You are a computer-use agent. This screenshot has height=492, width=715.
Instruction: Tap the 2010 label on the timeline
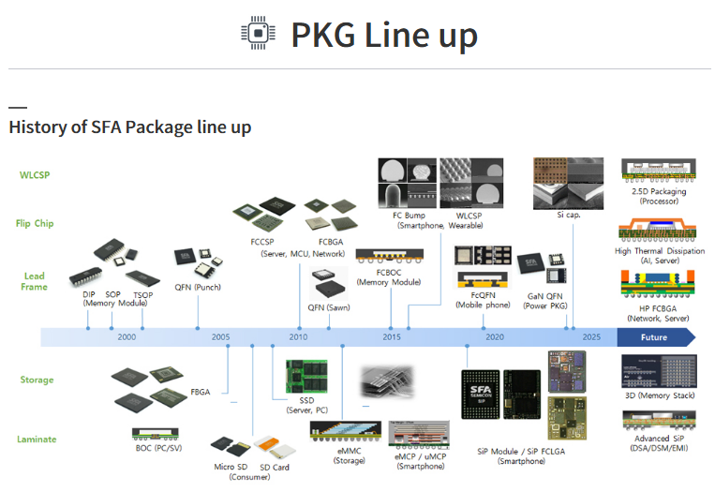[x=298, y=337]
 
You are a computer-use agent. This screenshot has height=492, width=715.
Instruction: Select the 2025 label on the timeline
[x=591, y=337]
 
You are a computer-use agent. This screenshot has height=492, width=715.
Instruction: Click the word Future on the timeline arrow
[x=653, y=337]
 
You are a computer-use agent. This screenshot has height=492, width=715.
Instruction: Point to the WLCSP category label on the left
[x=35, y=174]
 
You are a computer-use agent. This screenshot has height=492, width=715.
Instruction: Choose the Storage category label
[x=37, y=380]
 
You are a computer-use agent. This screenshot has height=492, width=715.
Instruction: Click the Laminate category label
[x=37, y=439]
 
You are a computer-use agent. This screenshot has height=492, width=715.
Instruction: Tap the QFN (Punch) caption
[x=198, y=288]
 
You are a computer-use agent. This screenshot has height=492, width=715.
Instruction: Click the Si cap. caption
[x=569, y=215]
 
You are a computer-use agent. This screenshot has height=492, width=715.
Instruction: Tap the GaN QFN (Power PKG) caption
[x=547, y=301]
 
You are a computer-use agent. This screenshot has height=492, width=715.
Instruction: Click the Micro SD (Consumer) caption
[x=230, y=471]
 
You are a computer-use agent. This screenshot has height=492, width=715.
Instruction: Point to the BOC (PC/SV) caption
[x=161, y=448]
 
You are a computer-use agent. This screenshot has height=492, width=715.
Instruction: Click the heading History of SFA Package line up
[x=129, y=127]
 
